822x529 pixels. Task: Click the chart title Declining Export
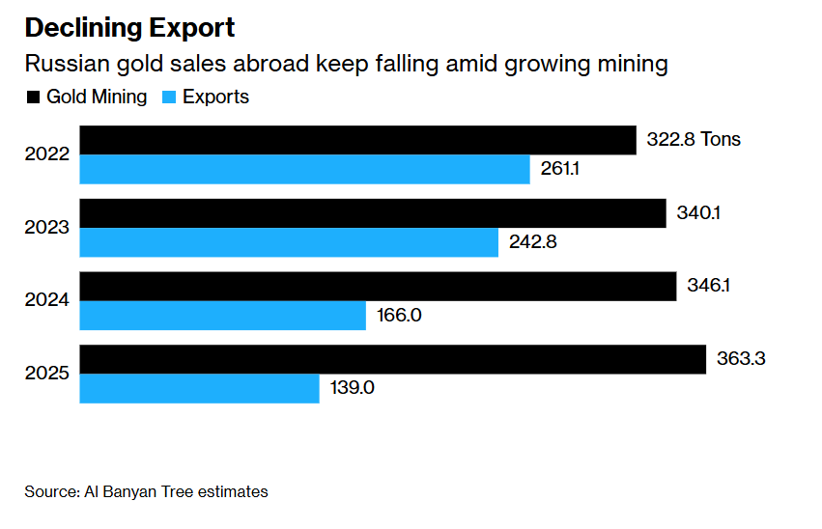pos(129,27)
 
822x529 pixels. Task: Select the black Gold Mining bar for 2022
pos(357,140)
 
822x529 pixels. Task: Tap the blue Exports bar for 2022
pos(304,170)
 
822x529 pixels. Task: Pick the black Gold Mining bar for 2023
pos(373,213)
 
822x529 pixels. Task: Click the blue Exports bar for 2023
pos(289,242)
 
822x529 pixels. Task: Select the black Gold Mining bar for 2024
pos(377,287)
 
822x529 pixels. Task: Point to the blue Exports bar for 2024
pos(222,316)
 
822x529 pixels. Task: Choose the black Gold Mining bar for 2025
pos(392,359)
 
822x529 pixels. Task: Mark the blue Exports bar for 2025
pos(199,389)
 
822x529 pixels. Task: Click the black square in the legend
pos(33,97)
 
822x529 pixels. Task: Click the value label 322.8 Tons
pos(693,140)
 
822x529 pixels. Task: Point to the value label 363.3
pos(742,359)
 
